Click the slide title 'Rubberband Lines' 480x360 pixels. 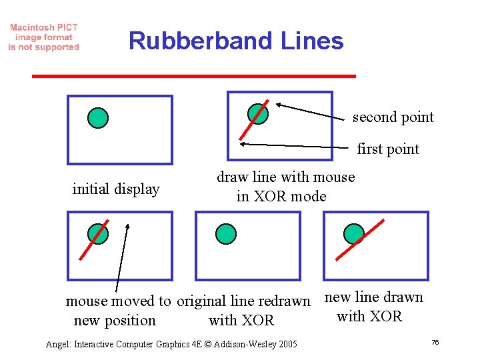236,41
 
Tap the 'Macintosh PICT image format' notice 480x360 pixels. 44,37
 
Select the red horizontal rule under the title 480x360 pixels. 194,76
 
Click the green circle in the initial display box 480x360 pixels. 98,117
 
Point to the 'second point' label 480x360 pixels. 393,117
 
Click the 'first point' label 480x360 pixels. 388,149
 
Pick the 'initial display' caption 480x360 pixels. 116,189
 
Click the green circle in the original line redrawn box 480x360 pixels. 226,233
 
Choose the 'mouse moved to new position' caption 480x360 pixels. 118,311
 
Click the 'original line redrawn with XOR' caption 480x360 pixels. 243,311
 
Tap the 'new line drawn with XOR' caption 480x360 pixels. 373,307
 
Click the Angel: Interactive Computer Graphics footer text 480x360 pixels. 171,344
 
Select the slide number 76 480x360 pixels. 435,342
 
